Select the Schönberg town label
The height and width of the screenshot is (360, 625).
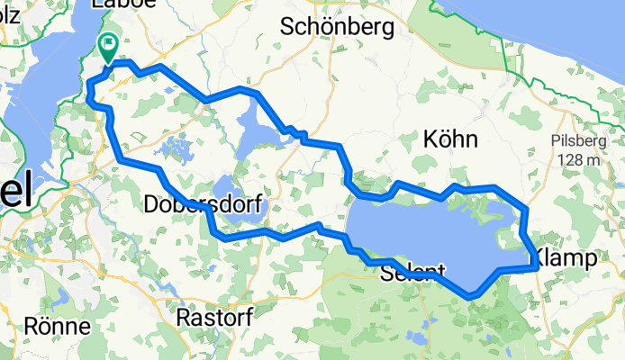(x=337, y=27)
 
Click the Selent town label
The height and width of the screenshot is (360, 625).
(x=413, y=271)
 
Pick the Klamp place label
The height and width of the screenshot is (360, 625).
(x=567, y=258)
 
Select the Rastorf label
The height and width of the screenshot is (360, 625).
(x=214, y=318)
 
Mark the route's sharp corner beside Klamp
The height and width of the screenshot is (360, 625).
(x=537, y=267)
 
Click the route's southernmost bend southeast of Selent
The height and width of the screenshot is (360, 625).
(x=470, y=295)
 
